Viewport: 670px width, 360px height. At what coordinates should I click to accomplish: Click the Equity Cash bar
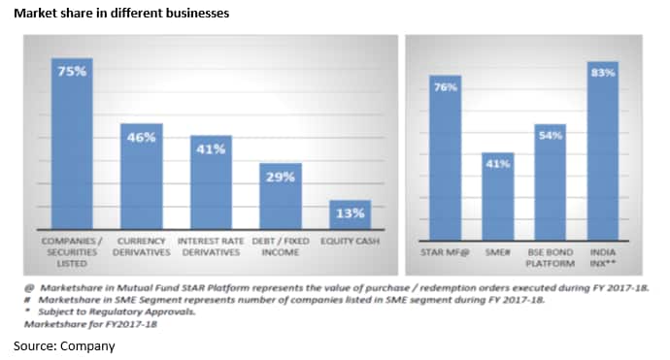point(351,215)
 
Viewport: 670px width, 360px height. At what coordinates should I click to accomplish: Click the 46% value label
point(141,138)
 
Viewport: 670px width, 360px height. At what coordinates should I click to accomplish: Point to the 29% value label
point(281,178)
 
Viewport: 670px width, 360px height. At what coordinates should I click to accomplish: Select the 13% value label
point(351,213)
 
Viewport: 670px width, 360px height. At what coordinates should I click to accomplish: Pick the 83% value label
point(602,73)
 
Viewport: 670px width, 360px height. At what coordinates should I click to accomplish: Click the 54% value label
point(550,137)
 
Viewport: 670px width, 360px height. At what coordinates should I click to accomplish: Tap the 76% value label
point(445,87)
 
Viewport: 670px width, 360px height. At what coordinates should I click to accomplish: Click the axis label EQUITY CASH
point(351,240)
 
